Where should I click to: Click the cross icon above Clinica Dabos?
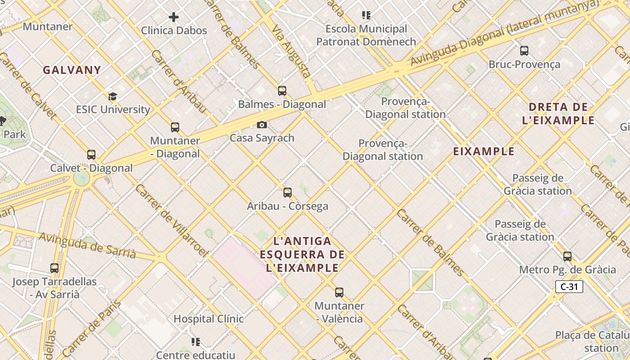174,17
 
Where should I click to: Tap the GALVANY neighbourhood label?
72,70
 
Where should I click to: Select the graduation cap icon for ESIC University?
112,96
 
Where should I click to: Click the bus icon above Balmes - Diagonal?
282,91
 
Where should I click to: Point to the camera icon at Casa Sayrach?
262,125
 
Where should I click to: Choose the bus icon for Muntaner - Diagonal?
175,127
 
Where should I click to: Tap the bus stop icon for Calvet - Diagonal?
91,155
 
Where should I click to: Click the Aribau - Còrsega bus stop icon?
288,193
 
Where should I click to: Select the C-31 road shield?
569,287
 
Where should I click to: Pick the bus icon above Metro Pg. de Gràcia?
567,256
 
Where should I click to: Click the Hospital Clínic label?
209,319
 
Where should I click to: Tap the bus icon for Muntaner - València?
339,292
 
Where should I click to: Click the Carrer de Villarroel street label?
171,220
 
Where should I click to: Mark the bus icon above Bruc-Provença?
524,51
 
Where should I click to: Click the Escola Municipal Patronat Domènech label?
366,36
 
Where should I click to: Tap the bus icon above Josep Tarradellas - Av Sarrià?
54,268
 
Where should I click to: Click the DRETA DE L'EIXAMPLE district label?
558,113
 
